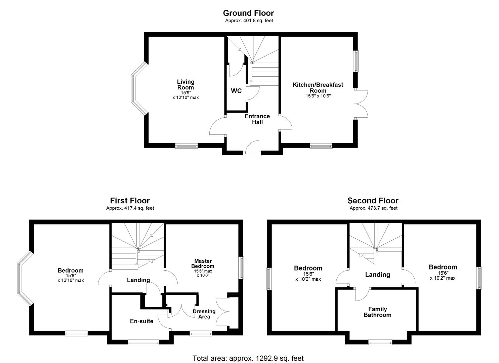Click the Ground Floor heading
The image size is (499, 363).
248,13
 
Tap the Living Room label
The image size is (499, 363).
186,85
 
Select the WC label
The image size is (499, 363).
236,91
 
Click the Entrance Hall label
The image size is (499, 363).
257,119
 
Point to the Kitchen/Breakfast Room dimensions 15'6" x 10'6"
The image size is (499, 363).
318,96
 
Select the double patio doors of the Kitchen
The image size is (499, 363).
361,104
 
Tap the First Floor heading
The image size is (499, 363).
130,201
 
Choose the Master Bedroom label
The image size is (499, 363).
203,264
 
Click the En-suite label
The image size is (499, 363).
141,321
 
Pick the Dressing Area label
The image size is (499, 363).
204,314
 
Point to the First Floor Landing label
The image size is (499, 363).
138,280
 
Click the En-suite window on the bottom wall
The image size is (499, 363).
143,342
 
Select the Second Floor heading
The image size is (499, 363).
373,201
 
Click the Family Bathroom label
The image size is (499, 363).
377,312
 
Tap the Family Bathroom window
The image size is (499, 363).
380,342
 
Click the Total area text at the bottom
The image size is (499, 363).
248,358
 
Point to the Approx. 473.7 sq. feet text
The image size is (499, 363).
373,208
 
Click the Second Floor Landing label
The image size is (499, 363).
377,275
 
